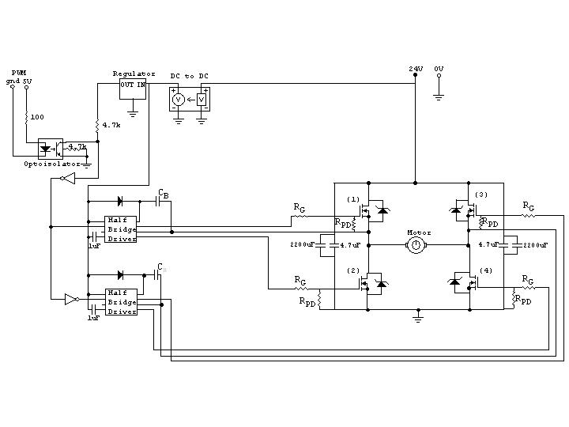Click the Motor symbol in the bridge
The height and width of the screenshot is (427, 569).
click(416, 246)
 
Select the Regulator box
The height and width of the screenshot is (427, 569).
click(133, 89)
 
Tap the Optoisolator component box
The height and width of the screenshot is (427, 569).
click(51, 148)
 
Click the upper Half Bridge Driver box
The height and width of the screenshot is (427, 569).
click(121, 229)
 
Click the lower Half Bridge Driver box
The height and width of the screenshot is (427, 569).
click(121, 302)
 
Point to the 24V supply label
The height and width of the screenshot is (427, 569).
click(416, 70)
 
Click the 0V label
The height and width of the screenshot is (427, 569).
click(439, 70)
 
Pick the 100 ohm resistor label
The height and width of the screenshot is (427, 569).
click(37, 117)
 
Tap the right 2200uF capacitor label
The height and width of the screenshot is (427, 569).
click(534, 246)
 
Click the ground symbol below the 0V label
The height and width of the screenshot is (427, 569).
click(439, 97)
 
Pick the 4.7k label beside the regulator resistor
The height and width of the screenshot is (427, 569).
click(111, 125)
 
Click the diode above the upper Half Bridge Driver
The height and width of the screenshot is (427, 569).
click(120, 201)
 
